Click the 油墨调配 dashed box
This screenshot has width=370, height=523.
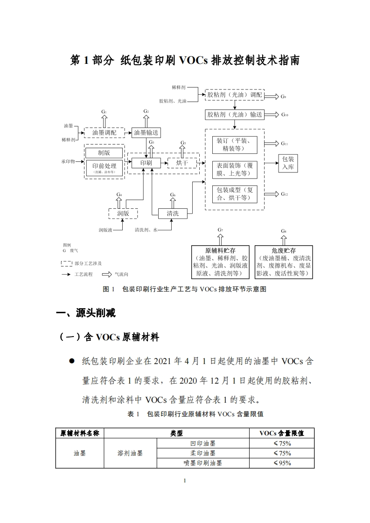tap(104, 133)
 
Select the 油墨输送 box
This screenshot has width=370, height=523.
tap(146, 133)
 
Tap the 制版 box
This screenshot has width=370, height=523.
tap(104, 152)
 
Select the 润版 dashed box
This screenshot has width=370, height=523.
tap(123, 213)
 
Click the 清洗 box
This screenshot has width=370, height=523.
tap(173, 213)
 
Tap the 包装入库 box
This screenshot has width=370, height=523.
tap(288, 163)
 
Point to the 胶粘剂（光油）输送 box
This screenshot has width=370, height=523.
tap(234, 114)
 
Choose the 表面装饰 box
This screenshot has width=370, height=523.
tap(234, 169)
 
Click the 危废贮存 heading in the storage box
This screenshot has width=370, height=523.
tap(284, 250)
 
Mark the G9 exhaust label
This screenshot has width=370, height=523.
tap(283, 96)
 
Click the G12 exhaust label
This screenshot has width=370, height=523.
tap(284, 194)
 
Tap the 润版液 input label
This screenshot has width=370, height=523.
tap(105, 230)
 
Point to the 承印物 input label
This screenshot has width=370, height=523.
tap(68, 162)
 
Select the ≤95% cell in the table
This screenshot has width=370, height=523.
tap(282, 463)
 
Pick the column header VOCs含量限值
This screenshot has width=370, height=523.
tap(282, 433)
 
